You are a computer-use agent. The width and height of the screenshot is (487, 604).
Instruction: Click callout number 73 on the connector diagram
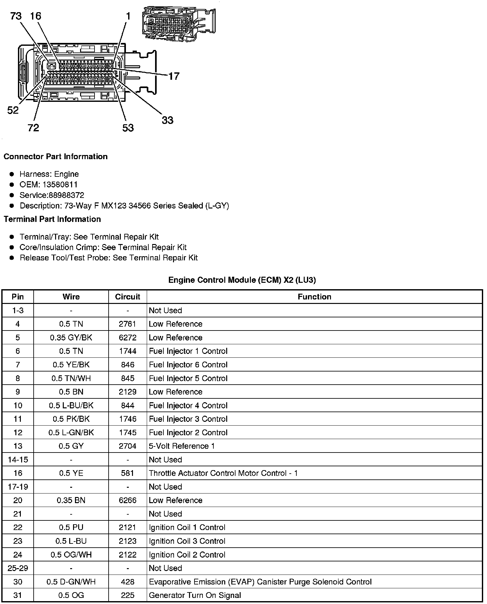pyautogui.click(x=16, y=16)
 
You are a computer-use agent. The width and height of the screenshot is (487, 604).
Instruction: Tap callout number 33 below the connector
pyautogui.click(x=167, y=120)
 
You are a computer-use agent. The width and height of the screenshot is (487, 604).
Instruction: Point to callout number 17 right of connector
pyautogui.click(x=174, y=76)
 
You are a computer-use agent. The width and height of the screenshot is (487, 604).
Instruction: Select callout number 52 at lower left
pyautogui.click(x=13, y=110)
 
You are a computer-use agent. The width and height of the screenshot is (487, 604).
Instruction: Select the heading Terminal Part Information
pyautogui.click(x=52, y=219)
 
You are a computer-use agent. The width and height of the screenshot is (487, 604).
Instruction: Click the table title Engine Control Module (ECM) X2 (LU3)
pyautogui.click(x=242, y=280)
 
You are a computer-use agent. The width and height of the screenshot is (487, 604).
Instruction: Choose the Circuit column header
pyautogui.click(x=128, y=297)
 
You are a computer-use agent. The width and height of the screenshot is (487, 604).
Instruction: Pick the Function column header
pyautogui.click(x=314, y=297)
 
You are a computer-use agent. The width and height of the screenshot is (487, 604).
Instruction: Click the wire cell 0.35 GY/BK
pyautogui.click(x=71, y=338)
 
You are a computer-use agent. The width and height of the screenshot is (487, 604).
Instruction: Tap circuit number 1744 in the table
pyautogui.click(x=128, y=351)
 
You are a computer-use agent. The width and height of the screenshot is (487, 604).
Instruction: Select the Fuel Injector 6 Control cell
pyautogui.click(x=188, y=365)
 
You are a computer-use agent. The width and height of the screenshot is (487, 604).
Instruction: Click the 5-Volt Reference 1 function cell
pyautogui.click(x=182, y=446)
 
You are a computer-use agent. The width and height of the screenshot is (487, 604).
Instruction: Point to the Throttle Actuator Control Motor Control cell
pyautogui.click(x=223, y=473)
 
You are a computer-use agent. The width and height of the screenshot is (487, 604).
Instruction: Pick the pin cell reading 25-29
pyautogui.click(x=18, y=568)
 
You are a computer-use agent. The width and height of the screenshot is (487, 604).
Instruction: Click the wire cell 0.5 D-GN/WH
pyautogui.click(x=71, y=582)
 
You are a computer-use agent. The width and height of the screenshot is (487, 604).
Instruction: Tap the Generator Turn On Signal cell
pyautogui.click(x=195, y=595)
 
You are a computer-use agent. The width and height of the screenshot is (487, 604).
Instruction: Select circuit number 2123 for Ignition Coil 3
pyautogui.click(x=128, y=541)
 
